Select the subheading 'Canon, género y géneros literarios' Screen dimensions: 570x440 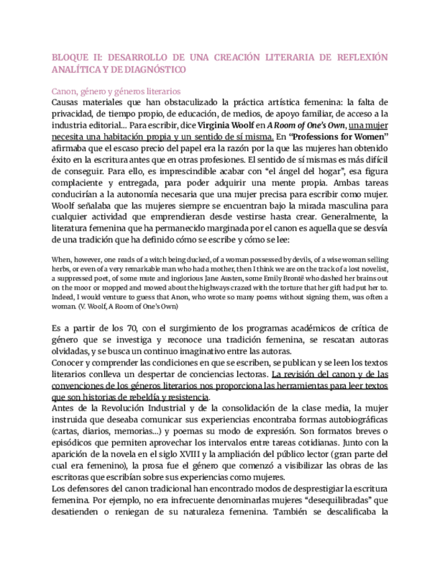click(116, 91)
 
